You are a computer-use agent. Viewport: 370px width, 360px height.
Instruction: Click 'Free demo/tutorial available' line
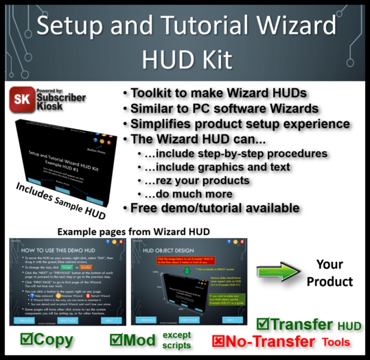coord(216,208)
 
